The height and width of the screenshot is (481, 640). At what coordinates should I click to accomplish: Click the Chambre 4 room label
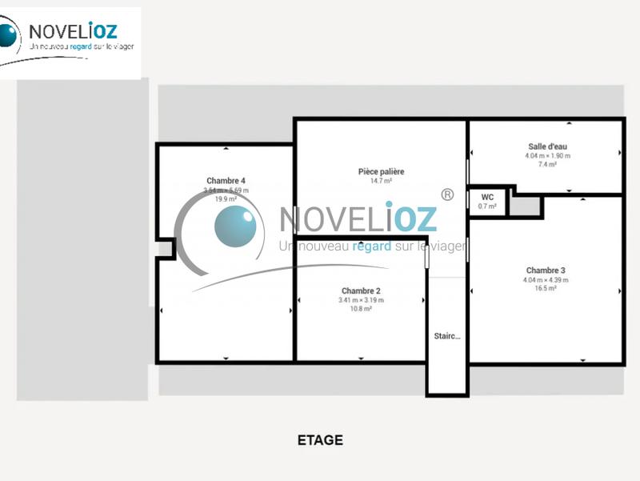[x=226, y=181]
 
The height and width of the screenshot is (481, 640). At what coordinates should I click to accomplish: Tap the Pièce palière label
[x=381, y=171]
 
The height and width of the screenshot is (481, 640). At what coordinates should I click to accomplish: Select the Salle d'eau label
[x=547, y=146]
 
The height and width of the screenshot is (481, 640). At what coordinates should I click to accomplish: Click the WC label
[x=487, y=197]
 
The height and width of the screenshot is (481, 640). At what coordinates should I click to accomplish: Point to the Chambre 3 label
[x=546, y=271]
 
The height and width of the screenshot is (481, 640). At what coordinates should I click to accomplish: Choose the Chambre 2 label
[x=361, y=291]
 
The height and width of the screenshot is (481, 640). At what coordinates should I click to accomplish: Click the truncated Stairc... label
[x=447, y=336]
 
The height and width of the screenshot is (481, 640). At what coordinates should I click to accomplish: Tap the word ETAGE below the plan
[x=320, y=440]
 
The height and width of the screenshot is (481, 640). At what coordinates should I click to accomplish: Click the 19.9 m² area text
[x=226, y=199]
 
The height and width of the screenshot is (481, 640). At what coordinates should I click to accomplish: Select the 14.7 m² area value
[x=381, y=182]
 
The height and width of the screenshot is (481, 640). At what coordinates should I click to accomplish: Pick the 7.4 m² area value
[x=547, y=164]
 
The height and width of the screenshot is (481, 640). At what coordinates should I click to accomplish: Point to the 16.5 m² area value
[x=546, y=288]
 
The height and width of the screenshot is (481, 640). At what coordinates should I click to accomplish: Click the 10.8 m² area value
[x=361, y=308]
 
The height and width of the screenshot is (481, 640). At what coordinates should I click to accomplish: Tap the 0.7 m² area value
[x=487, y=206]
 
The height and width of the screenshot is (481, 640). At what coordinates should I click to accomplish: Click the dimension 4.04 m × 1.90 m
[x=547, y=156]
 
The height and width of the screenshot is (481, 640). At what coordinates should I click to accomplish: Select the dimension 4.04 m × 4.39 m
[x=546, y=280]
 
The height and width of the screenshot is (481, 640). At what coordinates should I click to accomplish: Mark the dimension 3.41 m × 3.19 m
[x=361, y=300]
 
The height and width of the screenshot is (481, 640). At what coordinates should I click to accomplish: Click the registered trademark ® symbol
[x=447, y=194]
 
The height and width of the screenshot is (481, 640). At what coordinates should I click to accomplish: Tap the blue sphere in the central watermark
[x=235, y=226]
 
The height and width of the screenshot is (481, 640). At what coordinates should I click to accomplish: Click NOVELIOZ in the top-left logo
[x=73, y=31]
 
